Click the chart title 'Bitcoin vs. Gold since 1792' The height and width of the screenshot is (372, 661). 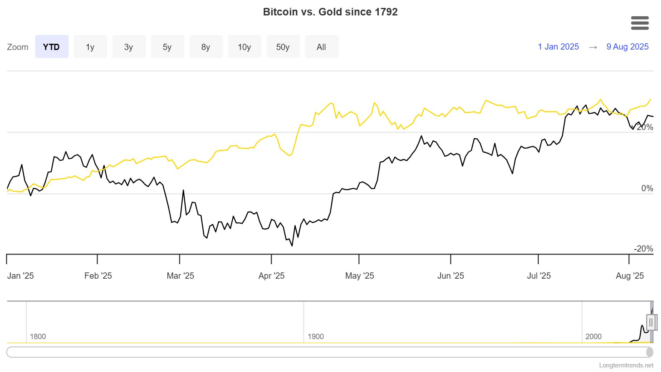330,12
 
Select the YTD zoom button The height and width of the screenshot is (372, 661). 52,47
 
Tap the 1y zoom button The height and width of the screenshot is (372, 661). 90,47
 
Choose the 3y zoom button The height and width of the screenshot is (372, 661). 128,47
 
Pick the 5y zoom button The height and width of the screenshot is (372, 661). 167,47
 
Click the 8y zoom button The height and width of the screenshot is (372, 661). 206,47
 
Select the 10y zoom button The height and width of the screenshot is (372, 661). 244,47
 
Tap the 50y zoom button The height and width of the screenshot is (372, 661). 283,47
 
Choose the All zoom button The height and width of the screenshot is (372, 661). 321,47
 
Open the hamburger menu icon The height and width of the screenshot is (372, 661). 640,23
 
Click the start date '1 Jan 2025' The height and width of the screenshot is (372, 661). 558,47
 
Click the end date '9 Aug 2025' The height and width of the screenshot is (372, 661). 627,47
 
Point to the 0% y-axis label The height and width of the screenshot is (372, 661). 647,188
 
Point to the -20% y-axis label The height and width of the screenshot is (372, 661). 643,249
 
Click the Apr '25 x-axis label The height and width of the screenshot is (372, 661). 271,276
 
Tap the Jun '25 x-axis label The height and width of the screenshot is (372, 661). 450,276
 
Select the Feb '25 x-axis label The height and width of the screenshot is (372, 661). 98,276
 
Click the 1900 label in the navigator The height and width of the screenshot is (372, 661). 316,337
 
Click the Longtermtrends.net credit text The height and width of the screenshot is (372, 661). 626,365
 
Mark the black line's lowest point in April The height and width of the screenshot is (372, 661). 292,246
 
